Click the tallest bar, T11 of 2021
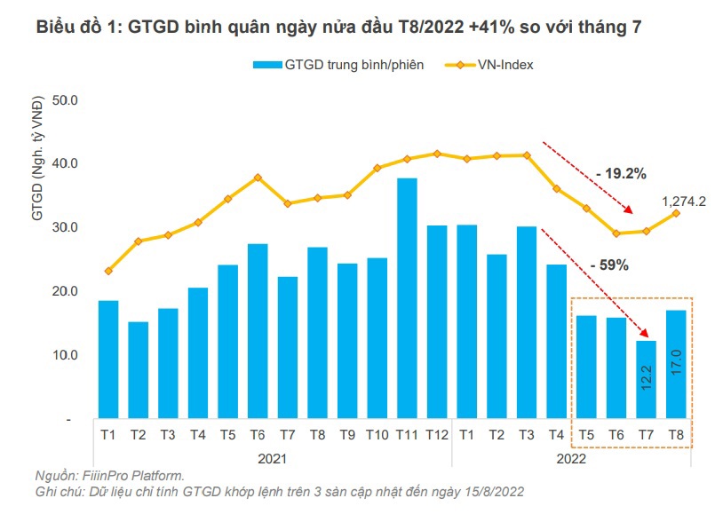pos(407,298)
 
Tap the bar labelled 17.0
pos(675,364)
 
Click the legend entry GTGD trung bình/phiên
pos(338,64)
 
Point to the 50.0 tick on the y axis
pos(67,100)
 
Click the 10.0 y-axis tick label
pos(67,355)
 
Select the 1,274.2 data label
pos(683,202)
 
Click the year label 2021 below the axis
pos(273,458)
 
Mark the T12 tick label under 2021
pos(437,434)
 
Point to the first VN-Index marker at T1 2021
pos(108,271)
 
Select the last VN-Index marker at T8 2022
pos(676,213)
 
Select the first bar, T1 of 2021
pos(108,360)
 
